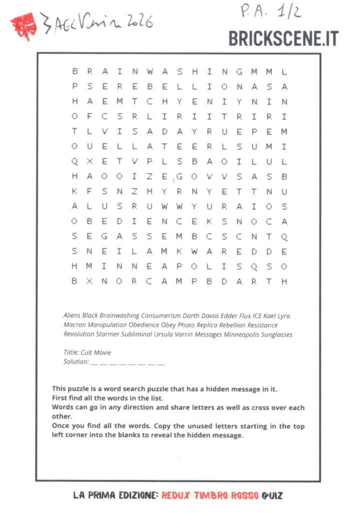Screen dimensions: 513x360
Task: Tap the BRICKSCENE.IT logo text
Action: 283,39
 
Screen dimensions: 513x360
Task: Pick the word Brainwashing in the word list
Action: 119,316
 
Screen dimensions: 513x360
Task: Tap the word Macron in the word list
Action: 75,325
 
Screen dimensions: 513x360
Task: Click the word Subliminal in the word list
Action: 134,334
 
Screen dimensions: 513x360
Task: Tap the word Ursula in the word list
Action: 163,334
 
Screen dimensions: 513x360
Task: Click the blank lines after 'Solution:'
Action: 127,362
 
